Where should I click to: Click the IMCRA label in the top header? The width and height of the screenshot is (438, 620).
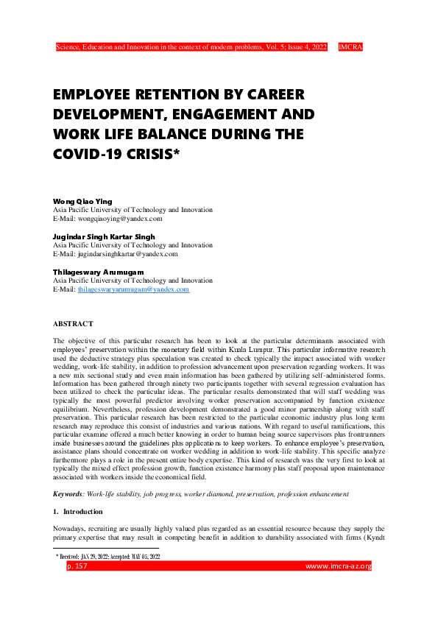click(350, 46)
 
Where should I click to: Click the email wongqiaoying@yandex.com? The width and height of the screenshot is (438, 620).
click(107, 219)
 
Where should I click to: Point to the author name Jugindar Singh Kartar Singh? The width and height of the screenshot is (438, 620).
click(104, 236)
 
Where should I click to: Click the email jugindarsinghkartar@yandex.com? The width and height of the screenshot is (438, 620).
click(116, 254)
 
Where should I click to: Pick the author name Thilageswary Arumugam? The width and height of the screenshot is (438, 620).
click(98, 272)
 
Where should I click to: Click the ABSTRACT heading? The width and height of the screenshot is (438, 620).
click(74, 324)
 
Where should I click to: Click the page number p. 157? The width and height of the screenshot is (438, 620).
click(77, 566)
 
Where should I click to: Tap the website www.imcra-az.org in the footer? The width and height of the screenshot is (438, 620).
click(339, 566)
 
